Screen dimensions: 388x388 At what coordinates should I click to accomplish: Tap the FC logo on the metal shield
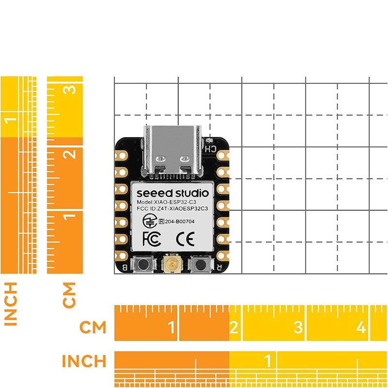149,238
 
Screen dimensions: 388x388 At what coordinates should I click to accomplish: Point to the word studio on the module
192,192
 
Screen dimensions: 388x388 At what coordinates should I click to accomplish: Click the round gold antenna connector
171,265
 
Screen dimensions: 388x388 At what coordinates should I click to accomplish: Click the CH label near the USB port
210,149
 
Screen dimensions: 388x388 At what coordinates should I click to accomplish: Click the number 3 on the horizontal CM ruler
298,328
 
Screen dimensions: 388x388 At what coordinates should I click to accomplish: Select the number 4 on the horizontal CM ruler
361,328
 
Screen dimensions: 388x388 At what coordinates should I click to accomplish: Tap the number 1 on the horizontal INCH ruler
267,361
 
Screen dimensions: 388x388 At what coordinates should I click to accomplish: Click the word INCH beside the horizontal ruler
84,361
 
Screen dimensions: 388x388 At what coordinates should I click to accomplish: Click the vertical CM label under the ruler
70,294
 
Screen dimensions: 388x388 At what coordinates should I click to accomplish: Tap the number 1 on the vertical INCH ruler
11,119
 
